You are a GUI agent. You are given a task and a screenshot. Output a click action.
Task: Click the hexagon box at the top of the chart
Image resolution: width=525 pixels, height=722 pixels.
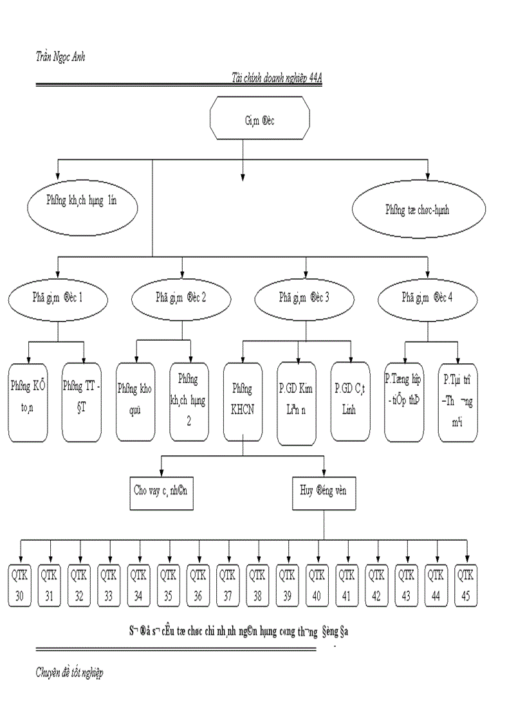point(260,118)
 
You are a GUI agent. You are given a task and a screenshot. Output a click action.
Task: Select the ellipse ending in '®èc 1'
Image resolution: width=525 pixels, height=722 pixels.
point(58,298)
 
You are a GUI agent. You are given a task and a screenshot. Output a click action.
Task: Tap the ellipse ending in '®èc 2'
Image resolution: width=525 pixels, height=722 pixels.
point(182,298)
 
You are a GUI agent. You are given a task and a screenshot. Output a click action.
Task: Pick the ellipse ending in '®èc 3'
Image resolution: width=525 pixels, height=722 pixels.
point(306,298)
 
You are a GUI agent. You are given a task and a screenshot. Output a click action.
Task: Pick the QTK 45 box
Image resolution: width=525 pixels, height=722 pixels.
point(466,585)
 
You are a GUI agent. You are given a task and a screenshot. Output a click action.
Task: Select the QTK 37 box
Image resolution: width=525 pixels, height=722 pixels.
point(228,585)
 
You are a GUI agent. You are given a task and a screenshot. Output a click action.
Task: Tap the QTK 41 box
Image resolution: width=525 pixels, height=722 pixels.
point(347,585)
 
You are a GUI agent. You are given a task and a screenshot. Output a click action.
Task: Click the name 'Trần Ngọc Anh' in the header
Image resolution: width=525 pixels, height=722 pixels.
point(60,57)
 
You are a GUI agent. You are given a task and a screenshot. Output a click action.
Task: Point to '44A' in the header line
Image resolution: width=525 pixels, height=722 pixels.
point(315,77)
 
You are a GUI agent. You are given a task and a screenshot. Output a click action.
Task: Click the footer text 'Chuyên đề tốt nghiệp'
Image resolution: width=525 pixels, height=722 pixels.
point(69,673)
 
